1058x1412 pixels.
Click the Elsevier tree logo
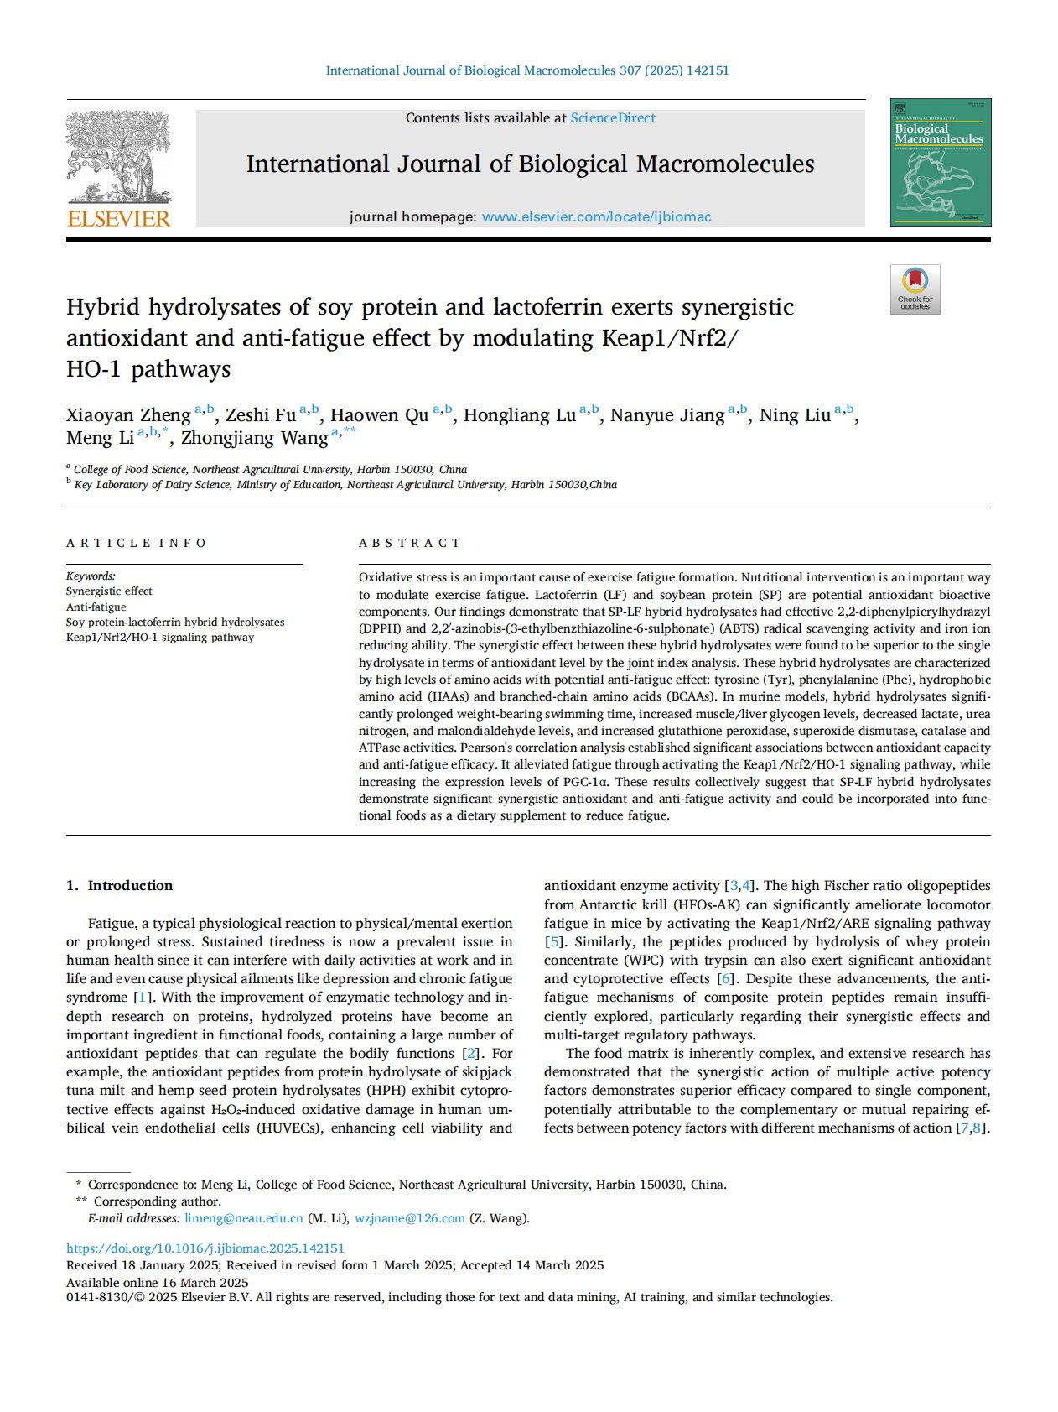tap(118, 157)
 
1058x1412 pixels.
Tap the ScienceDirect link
tap(613, 118)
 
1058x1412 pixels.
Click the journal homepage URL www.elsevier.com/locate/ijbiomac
tap(596, 217)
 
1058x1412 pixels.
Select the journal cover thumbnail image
tap(940, 162)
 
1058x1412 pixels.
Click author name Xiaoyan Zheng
tap(128, 415)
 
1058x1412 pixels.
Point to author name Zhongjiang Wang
tap(255, 438)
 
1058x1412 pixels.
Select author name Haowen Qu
tap(379, 415)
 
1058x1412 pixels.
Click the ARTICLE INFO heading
tap(137, 543)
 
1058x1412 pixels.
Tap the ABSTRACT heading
tap(410, 543)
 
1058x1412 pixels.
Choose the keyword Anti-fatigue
tap(96, 607)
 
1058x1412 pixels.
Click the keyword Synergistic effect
tap(109, 591)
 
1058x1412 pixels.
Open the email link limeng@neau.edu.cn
tap(244, 1218)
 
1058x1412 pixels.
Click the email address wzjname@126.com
tap(409, 1218)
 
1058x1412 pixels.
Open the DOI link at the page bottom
tap(205, 1248)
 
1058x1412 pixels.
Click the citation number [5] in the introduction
tap(553, 941)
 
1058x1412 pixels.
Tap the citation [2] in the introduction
tap(471, 1053)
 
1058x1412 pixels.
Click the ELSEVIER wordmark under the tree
tap(118, 218)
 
